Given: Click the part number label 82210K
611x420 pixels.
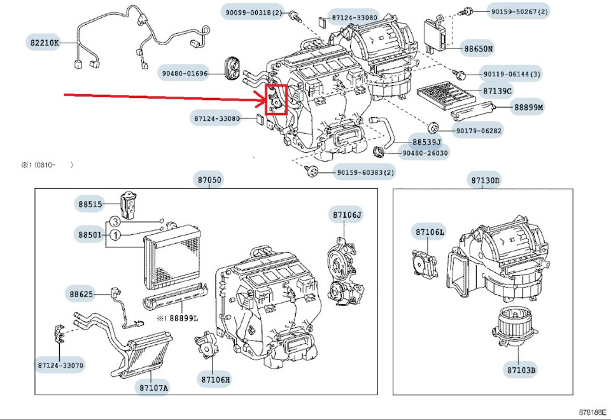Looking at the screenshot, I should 43,43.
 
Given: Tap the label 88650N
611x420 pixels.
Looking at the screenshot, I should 478,48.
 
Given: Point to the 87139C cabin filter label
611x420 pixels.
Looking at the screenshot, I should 496,91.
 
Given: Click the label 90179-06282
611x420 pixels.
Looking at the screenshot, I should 479,131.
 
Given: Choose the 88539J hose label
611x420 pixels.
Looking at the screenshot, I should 426,142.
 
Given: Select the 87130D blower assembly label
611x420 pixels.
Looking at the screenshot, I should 486,180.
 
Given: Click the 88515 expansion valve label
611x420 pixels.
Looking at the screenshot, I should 90,204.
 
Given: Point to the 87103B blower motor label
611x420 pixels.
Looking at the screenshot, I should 521,368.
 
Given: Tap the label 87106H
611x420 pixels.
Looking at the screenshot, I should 215,380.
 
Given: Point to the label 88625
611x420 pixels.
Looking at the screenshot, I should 81,294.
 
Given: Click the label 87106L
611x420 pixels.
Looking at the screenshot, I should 430,232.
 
